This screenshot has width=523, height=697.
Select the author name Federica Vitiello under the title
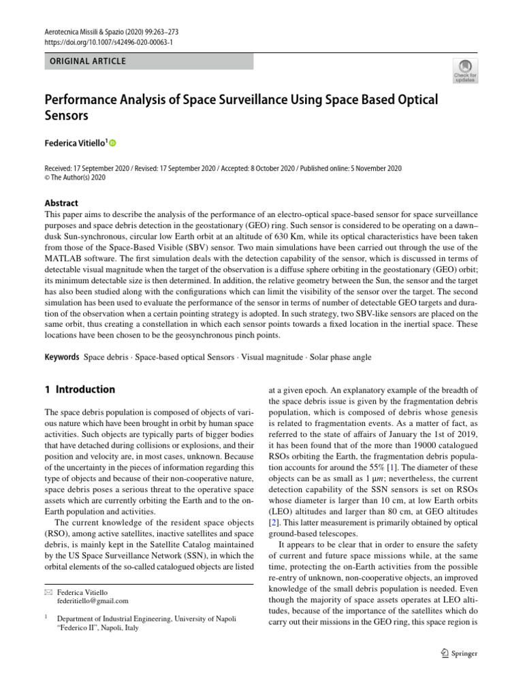tap(75, 143)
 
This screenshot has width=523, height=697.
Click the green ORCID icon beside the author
tap(112, 143)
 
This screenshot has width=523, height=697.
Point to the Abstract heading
tap(61, 203)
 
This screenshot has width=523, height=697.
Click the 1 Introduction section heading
tap(80, 390)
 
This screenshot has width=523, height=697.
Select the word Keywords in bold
tap(62, 357)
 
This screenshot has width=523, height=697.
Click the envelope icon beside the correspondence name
tap(48, 592)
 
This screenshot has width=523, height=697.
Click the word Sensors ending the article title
tap(67, 116)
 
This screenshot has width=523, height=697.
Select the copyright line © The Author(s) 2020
tap(76, 177)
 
